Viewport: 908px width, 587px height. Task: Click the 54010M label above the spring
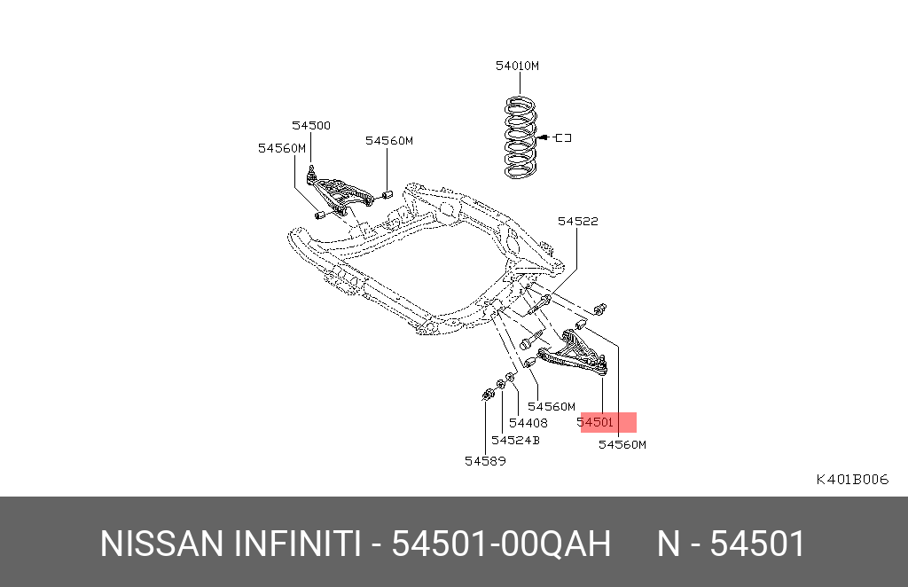(x=517, y=66)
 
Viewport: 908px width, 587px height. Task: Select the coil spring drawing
(x=521, y=137)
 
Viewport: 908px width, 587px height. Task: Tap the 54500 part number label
(x=311, y=126)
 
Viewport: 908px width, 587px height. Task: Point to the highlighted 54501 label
(x=595, y=422)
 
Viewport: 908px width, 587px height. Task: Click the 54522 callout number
(x=578, y=221)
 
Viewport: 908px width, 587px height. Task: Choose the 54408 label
(x=528, y=423)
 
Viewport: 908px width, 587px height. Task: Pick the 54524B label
(x=515, y=441)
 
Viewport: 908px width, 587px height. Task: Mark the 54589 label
(x=485, y=461)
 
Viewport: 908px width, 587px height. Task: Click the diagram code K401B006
(x=852, y=480)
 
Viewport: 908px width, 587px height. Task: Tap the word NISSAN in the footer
(x=161, y=544)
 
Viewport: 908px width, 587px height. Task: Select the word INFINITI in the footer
(x=297, y=544)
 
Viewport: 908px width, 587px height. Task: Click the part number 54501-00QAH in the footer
(x=502, y=544)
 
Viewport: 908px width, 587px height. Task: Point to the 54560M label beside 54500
(x=282, y=148)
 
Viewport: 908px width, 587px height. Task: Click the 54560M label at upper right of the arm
(x=389, y=141)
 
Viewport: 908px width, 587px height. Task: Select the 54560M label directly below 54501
(x=622, y=444)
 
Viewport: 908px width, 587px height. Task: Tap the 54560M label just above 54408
(x=552, y=406)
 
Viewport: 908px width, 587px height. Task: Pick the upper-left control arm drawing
(x=339, y=192)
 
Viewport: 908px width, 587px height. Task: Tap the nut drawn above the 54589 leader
(x=488, y=395)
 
